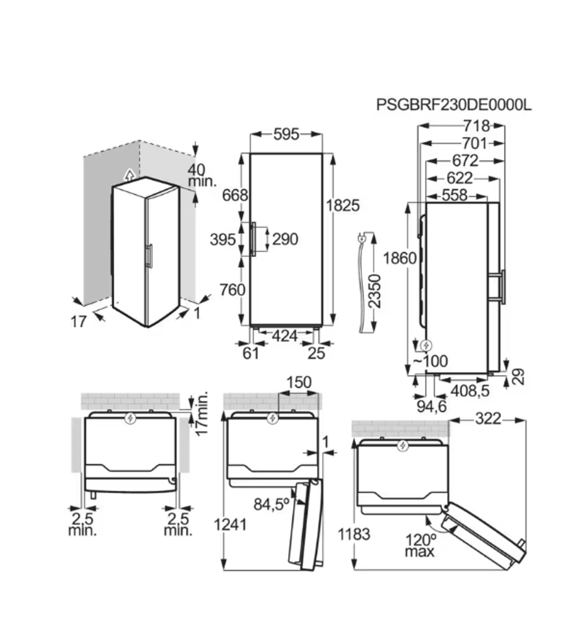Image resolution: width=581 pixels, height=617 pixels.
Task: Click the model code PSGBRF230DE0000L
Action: pyautogui.click(x=454, y=105)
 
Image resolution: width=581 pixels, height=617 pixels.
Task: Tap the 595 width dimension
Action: pyautogui.click(x=286, y=134)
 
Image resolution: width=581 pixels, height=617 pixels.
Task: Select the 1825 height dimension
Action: pyautogui.click(x=343, y=205)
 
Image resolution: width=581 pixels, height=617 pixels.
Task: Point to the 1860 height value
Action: pyautogui.click(x=400, y=258)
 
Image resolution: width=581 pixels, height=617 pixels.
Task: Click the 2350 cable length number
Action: pyautogui.click(x=375, y=291)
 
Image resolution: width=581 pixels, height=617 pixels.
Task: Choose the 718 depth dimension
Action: pyautogui.click(x=476, y=126)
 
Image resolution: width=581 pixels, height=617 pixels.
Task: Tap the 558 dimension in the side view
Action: pyautogui.click(x=455, y=195)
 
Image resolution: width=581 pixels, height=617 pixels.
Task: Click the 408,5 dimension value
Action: pyautogui.click(x=470, y=391)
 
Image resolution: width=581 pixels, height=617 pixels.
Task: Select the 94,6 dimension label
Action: pyautogui.click(x=432, y=407)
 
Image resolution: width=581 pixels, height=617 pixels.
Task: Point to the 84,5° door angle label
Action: pyautogui.click(x=271, y=504)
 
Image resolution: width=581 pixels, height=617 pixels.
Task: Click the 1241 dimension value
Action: pyautogui.click(x=230, y=524)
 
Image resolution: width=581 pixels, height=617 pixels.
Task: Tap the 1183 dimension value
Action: pyautogui.click(x=354, y=534)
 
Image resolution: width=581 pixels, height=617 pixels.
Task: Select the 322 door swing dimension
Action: pyautogui.click(x=488, y=419)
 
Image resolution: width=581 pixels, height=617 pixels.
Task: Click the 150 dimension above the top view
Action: pyautogui.click(x=299, y=382)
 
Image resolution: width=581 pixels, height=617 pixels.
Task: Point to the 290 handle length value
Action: pyautogui.click(x=285, y=239)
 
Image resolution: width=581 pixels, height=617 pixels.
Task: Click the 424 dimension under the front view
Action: pyautogui.click(x=285, y=336)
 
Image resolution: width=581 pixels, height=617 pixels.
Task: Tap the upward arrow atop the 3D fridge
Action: pyautogui.click(x=129, y=175)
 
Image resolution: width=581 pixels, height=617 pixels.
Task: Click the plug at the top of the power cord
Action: pyautogui.click(x=361, y=237)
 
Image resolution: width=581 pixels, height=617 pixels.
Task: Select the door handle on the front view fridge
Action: pyautogui.click(x=253, y=239)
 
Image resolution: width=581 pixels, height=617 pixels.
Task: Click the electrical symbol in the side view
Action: pyautogui.click(x=426, y=346)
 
